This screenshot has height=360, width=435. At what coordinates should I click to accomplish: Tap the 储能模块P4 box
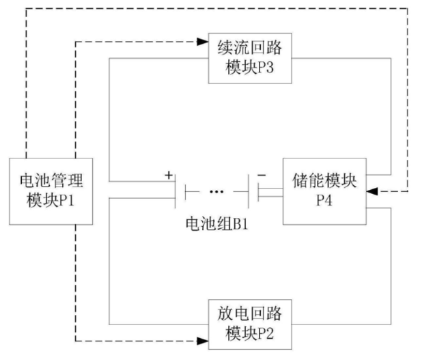pyautogui.click(x=325, y=191)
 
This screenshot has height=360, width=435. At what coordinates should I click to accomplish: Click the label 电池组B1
pyautogui.click(x=216, y=223)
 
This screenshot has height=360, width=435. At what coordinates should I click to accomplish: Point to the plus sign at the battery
pyautogui.click(x=168, y=176)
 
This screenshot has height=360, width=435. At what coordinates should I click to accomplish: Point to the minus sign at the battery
pyautogui.click(x=261, y=176)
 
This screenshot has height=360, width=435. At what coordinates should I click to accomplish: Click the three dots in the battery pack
pyautogui.click(x=216, y=193)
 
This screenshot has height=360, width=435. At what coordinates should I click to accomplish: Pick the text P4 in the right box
pyautogui.click(x=325, y=202)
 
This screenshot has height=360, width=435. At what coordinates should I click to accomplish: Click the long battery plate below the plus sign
pyautogui.click(x=176, y=193)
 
